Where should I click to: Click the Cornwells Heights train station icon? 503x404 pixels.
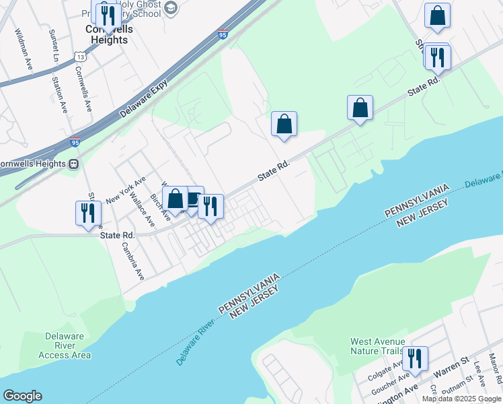point(73,164)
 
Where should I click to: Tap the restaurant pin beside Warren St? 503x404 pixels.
point(414,358)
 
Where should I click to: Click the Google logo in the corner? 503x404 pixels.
point(22,396)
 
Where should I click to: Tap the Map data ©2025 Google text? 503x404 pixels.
point(462,399)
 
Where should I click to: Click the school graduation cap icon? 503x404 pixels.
point(171,8)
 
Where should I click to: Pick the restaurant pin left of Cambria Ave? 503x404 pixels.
point(89,213)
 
